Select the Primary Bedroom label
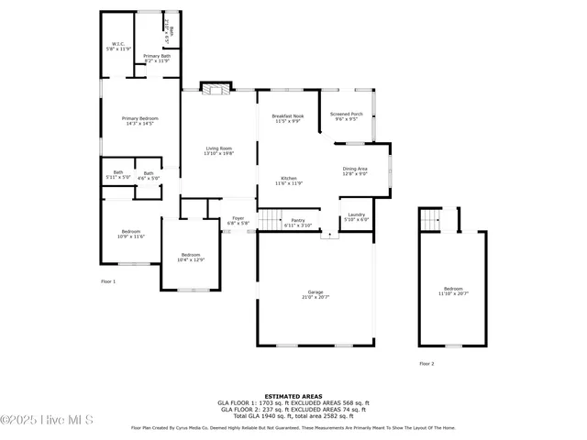[141, 121]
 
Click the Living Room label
[218, 151]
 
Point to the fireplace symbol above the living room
[215, 89]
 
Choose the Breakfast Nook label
[287, 118]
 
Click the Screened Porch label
[348, 116]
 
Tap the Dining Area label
[355, 170]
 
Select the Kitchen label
[289, 181]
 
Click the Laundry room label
[357, 217]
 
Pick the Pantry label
[298, 223]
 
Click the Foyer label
[238, 220]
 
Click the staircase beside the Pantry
[268, 219]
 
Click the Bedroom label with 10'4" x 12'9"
[191, 258]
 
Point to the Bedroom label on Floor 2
[453, 291]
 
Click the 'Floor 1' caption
[108, 281]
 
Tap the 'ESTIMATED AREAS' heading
[293, 396]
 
